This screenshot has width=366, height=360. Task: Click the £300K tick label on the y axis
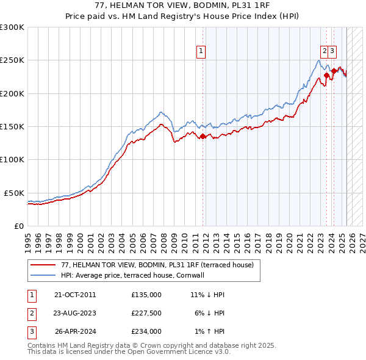click(12, 27)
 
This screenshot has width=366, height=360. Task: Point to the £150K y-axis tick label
click(12, 126)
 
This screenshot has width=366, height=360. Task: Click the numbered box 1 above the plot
click(201, 52)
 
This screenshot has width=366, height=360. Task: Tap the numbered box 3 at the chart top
click(332, 52)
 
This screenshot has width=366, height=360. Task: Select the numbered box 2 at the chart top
click(325, 52)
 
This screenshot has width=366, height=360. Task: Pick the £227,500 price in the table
click(146, 313)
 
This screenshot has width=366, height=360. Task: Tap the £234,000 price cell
click(146, 332)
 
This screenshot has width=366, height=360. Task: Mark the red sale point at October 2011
click(203, 137)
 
